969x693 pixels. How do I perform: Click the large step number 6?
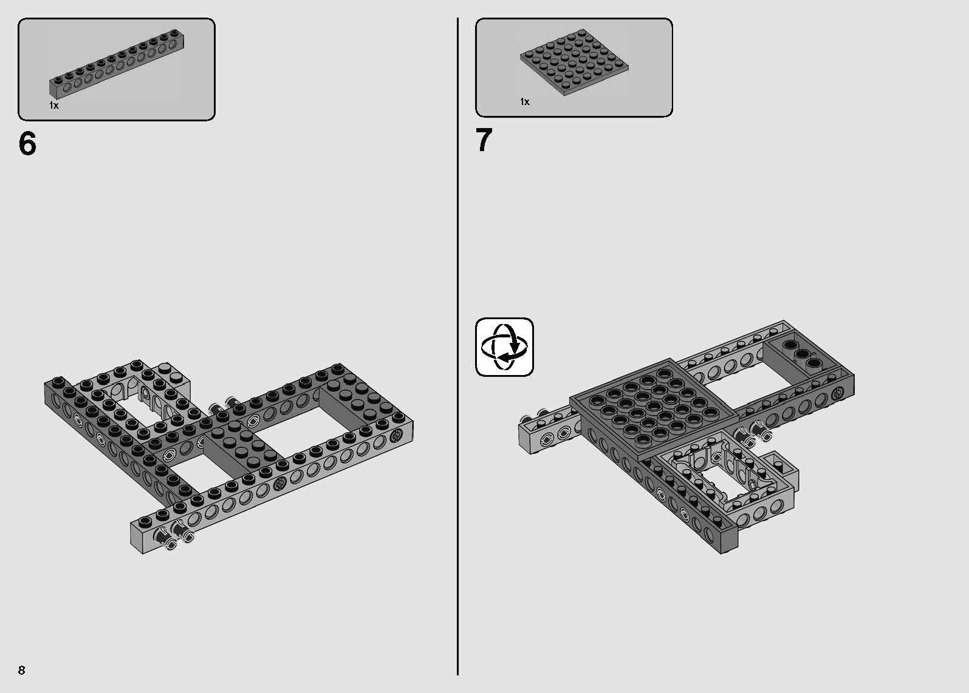[27, 144]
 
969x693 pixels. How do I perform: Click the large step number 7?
[484, 141]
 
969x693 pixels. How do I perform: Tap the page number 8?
[22, 670]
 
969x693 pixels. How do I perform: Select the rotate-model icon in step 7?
[504, 347]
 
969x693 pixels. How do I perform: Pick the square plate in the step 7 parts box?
[574, 63]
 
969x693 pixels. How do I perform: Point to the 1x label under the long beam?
[54, 106]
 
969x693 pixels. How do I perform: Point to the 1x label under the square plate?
[525, 101]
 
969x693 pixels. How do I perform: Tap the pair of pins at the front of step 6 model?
[173, 534]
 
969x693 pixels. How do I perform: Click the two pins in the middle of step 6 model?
[222, 406]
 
